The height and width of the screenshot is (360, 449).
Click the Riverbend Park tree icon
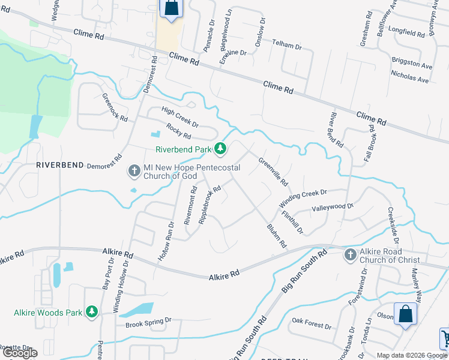[221, 148]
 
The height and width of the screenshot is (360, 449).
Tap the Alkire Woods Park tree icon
[92, 311]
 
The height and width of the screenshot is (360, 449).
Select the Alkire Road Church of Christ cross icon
[351, 255]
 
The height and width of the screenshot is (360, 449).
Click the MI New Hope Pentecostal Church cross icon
[134, 172]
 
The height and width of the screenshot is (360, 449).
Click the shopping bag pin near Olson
[405, 314]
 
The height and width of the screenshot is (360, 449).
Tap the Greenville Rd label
[273, 172]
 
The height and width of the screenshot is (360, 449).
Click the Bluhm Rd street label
[277, 236]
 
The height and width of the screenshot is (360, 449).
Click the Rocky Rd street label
[179, 131]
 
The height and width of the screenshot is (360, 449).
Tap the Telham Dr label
[287, 44]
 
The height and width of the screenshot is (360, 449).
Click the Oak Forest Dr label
[311, 323]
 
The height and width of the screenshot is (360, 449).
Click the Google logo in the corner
[20, 353]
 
